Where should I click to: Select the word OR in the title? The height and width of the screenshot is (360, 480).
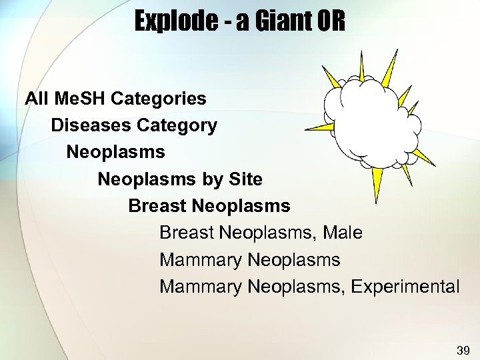(331, 22)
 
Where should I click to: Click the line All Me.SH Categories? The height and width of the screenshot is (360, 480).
(115, 99)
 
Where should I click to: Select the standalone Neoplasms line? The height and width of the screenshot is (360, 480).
(115, 152)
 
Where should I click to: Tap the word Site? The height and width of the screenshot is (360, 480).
(245, 179)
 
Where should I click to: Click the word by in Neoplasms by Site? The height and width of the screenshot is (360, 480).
(211, 179)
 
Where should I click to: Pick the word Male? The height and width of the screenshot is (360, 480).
(343, 233)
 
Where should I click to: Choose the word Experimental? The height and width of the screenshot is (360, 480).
(405, 287)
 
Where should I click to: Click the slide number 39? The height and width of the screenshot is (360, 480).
(463, 350)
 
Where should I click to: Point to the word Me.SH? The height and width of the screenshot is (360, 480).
(79, 99)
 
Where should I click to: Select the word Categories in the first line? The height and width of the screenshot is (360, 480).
(159, 99)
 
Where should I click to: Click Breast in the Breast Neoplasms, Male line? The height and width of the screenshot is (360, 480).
(187, 233)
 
